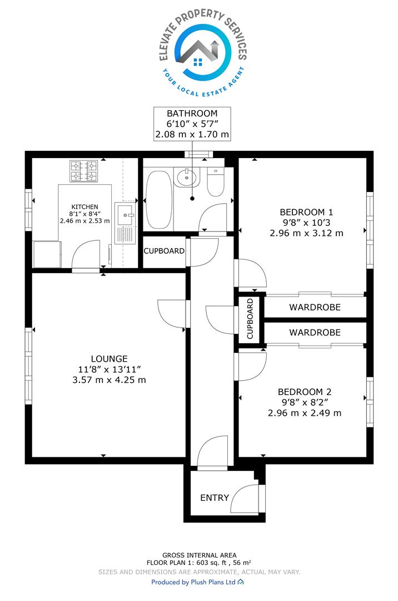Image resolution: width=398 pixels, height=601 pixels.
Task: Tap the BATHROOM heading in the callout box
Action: pyautogui.click(x=192, y=114)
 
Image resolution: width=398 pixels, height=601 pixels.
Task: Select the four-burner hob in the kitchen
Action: pyautogui.click(x=83, y=171)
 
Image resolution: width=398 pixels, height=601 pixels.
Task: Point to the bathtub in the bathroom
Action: pyautogui.click(x=159, y=200)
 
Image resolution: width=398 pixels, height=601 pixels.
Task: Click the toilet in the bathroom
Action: pyautogui.click(x=216, y=181)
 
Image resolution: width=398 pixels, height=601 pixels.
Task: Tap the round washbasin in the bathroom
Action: pyautogui.click(x=186, y=178)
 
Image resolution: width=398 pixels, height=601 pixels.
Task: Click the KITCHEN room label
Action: pyautogui.click(x=84, y=206)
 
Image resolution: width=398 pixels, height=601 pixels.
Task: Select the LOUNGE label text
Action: pyautogui.click(x=109, y=359)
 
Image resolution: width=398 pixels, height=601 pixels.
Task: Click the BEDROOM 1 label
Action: pyautogui.click(x=306, y=212)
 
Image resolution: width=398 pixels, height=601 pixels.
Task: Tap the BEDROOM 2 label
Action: pyautogui.click(x=304, y=392)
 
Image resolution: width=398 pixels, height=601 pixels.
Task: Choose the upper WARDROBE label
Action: pyautogui.click(x=315, y=307)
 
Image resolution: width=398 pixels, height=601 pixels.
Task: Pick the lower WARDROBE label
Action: pyautogui.click(x=315, y=332)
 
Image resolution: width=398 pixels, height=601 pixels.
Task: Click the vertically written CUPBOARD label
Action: pyautogui.click(x=250, y=319)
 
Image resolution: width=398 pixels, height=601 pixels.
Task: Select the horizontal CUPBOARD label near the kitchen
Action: pyautogui.click(x=164, y=251)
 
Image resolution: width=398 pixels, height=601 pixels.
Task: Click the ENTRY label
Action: pyautogui.click(x=215, y=497)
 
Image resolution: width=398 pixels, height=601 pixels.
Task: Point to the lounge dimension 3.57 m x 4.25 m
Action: pyautogui.click(x=109, y=380)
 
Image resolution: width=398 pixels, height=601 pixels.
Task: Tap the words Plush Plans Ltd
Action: pyautogui.click(x=213, y=582)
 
